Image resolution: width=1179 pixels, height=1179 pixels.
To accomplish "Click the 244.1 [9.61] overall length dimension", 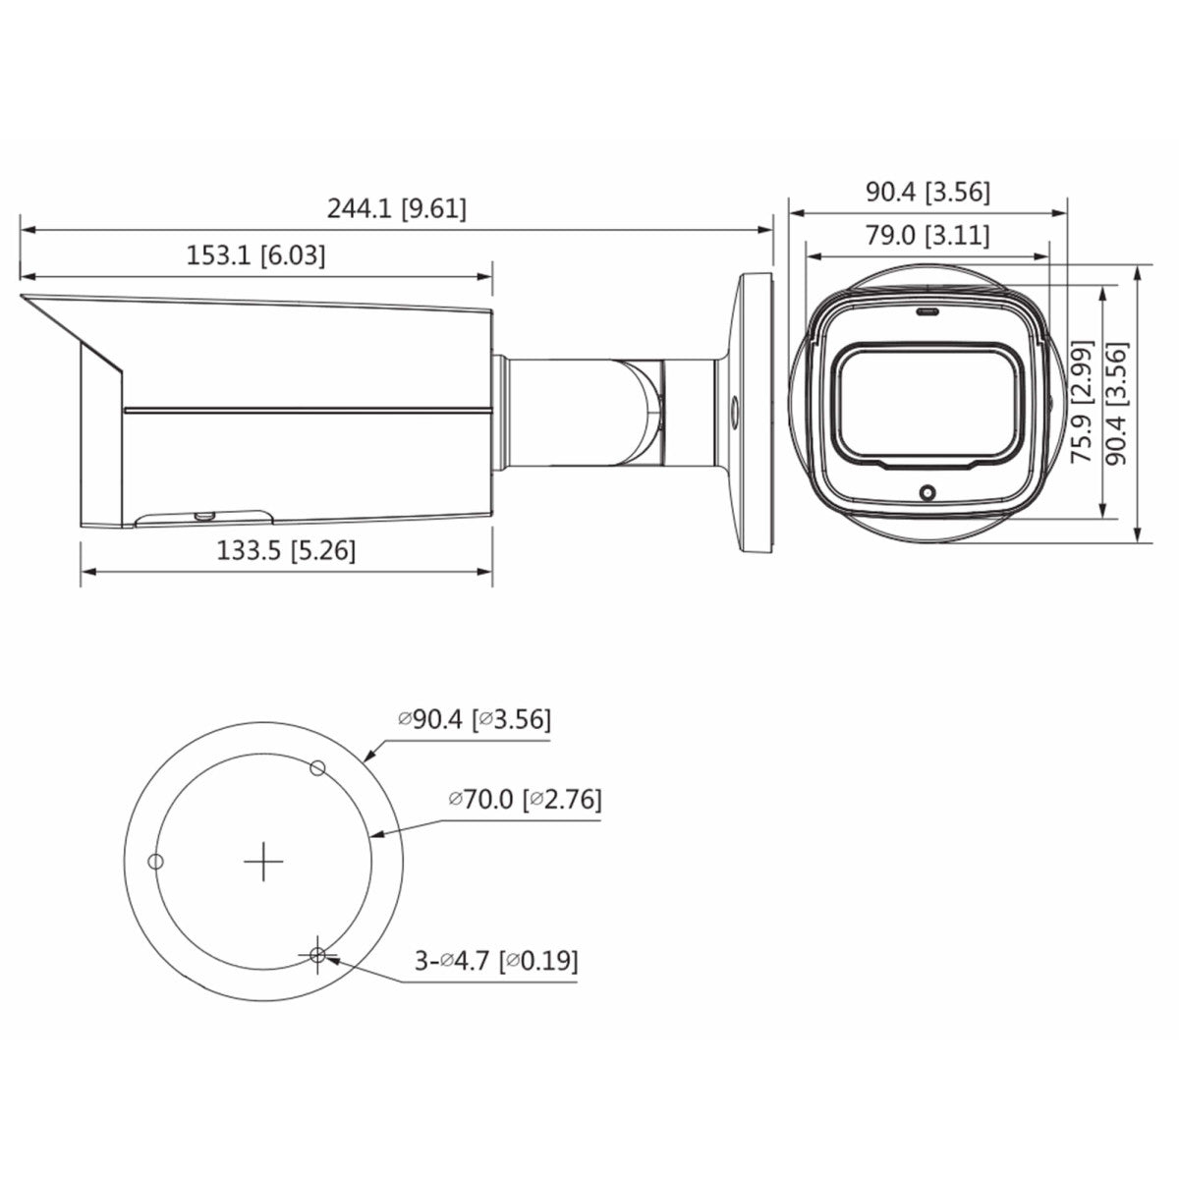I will (x=396, y=208).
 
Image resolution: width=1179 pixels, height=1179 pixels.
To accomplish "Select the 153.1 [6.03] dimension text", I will (x=255, y=256).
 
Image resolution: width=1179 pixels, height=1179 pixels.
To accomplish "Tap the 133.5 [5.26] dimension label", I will (x=286, y=551).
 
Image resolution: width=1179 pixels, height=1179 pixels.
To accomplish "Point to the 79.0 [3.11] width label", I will (x=927, y=236).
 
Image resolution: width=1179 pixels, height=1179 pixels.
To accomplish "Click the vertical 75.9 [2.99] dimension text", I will (x=1082, y=402).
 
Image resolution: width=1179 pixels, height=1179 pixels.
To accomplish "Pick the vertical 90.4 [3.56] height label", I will (x=1115, y=402).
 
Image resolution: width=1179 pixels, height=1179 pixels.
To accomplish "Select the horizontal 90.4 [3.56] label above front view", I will (x=927, y=192).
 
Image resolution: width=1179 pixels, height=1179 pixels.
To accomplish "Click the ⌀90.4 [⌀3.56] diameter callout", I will (x=475, y=719).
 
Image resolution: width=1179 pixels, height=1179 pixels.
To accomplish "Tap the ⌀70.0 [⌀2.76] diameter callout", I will (x=525, y=799).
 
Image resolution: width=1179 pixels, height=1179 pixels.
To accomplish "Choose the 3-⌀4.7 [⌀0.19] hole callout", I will (x=495, y=960).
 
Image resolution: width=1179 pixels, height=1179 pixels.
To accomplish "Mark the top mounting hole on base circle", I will (x=316, y=767).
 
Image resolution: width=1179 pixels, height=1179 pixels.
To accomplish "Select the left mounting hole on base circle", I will (x=153, y=862).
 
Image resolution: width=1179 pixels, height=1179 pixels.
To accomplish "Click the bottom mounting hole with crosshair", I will (x=317, y=955).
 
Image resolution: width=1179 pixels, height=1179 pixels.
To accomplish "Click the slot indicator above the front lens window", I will (x=926, y=312).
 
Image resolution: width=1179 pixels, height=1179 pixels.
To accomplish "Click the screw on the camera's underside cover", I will (x=205, y=513).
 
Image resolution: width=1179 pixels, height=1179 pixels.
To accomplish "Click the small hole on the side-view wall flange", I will (x=734, y=404).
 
